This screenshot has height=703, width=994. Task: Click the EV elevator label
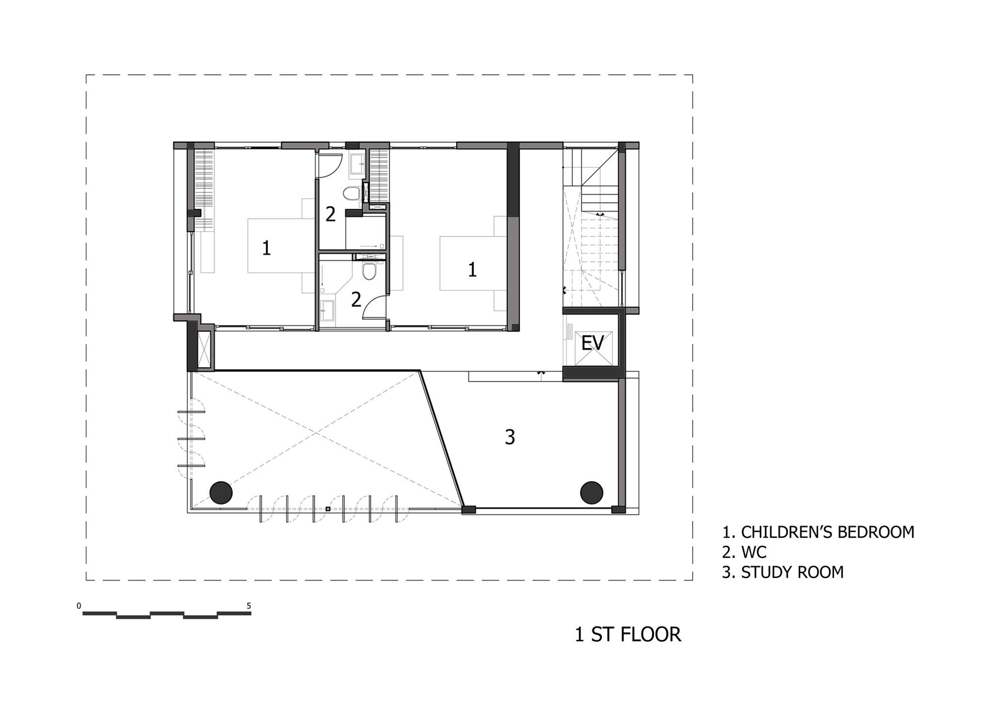click(593, 343)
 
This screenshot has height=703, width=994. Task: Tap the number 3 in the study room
click(510, 437)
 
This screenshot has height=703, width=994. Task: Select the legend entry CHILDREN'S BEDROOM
click(818, 532)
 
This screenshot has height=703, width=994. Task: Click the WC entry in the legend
click(744, 552)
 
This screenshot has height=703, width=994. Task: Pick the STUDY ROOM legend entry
click(783, 572)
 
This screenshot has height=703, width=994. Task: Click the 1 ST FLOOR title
click(628, 635)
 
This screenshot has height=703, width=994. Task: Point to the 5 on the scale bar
click(249, 606)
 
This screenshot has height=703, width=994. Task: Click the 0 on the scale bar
click(79, 606)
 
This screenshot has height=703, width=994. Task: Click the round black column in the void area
click(221, 493)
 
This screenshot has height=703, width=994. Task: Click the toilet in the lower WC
click(370, 272)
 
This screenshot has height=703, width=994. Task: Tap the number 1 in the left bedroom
click(266, 249)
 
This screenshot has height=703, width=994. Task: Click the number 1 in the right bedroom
click(472, 270)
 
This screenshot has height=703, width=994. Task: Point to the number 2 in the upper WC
click(331, 214)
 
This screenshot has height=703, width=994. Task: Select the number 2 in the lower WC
click(356, 300)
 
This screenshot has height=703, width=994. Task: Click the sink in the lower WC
click(327, 311)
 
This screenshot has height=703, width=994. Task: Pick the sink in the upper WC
click(358, 163)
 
